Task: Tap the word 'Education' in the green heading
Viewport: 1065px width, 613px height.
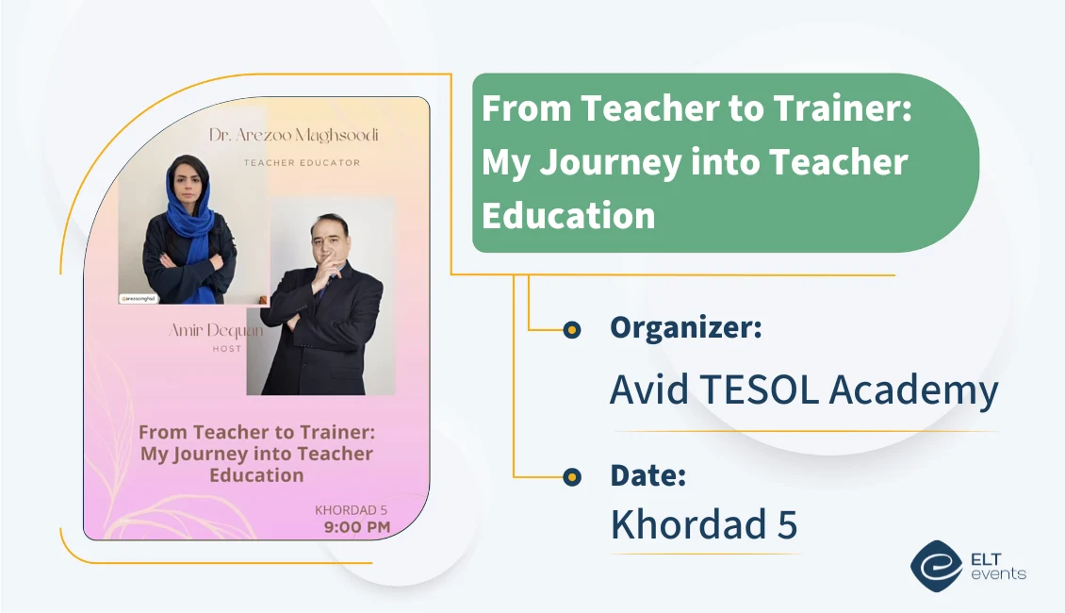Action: [568, 215]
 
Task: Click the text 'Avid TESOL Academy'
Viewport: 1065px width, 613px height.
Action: [804, 389]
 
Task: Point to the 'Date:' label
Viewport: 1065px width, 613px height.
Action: [647, 475]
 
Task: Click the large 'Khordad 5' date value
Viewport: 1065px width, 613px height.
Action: [703, 524]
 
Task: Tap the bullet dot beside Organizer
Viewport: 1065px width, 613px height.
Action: [571, 329]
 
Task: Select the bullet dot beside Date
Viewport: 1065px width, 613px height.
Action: [571, 477]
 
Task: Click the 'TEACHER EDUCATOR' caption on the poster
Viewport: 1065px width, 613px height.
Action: [302, 162]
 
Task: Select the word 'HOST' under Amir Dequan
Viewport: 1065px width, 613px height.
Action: [226, 349]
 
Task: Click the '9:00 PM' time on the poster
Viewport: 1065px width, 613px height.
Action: [356, 527]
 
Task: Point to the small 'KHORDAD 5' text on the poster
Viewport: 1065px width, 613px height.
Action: [351, 510]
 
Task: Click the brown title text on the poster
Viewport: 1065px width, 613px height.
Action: [256, 454]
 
